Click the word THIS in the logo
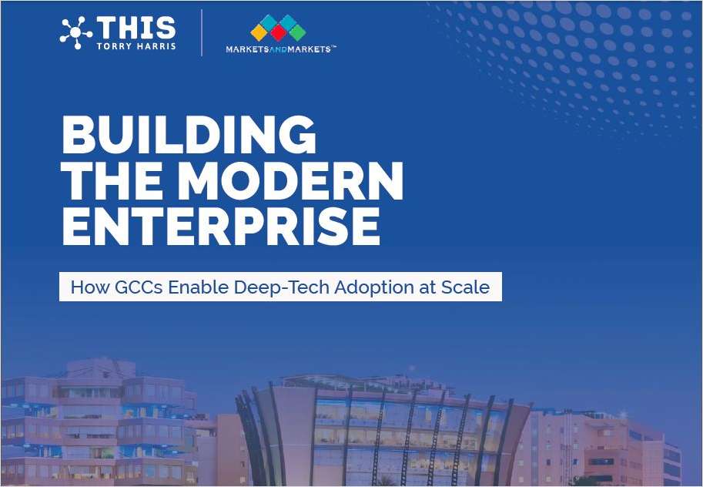tap(136, 29)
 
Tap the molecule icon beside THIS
tap(75, 33)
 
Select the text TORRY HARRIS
tap(136, 46)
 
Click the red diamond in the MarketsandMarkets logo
tap(279, 32)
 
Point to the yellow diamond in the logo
tap(259, 32)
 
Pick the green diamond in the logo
tap(297, 32)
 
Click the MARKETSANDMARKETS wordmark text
tap(280, 49)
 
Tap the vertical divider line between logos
tap(202, 33)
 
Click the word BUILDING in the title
tap(189, 135)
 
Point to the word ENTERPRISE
tap(221, 227)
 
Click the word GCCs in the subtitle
tap(139, 287)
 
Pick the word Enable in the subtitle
tap(198, 287)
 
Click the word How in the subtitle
tap(90, 287)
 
